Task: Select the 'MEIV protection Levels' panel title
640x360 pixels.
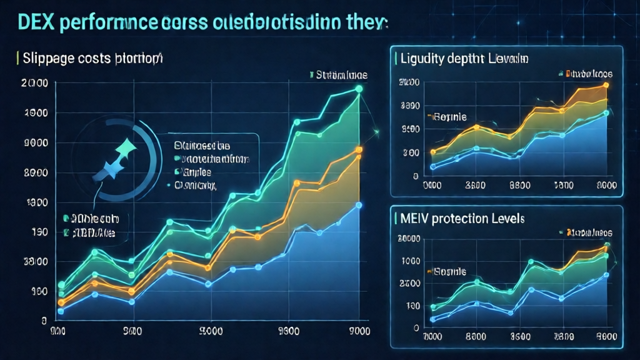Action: pos(461,219)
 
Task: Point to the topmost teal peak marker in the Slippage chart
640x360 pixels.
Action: pos(359,89)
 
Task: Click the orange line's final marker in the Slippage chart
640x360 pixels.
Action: pos(359,149)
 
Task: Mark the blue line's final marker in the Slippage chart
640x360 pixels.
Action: pos(359,205)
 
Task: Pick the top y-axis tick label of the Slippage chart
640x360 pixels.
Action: pos(34,83)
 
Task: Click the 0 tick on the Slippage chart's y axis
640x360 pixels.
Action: pos(44,320)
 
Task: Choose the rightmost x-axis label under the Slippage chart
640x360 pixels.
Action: pos(357,332)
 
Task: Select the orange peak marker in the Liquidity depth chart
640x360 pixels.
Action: pos(605,85)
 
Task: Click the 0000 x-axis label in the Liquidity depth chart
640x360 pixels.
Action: pos(433,186)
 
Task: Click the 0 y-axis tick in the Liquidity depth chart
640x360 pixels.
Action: pos(415,176)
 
